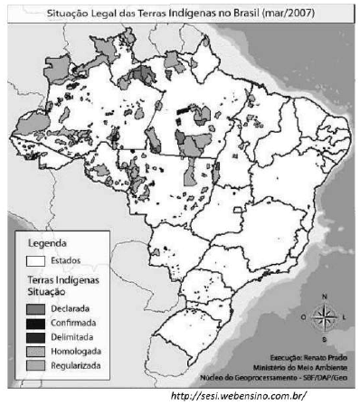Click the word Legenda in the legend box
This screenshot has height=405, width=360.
point(46,243)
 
